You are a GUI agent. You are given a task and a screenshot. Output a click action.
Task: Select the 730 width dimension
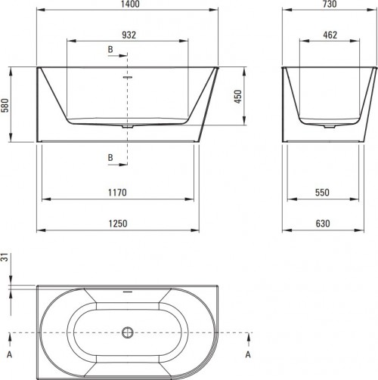pyautogui.click(x=330, y=5)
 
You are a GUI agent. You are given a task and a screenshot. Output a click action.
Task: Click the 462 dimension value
pyautogui.click(x=330, y=34)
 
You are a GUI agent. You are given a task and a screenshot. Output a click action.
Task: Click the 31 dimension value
pyautogui.click(x=5, y=258)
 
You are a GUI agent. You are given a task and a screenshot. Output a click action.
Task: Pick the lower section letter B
pyautogui.click(x=110, y=156)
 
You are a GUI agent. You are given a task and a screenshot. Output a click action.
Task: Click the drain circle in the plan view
pyautogui.click(x=127, y=332)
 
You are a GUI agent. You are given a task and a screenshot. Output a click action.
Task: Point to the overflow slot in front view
pyautogui.click(x=127, y=76)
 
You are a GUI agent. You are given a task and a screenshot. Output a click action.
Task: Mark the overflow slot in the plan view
pyautogui.click(x=127, y=291)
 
